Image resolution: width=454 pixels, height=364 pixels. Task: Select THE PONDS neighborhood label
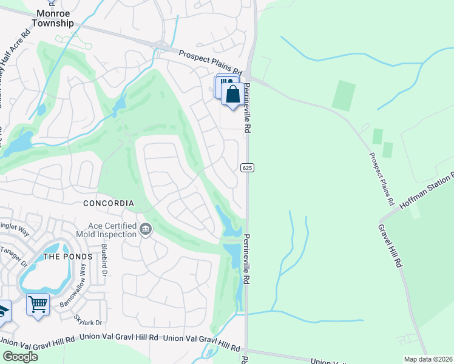[x=68, y=256]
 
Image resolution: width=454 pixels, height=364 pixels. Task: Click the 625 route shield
[x=246, y=167]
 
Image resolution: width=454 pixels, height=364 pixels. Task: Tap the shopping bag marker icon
[x=232, y=95]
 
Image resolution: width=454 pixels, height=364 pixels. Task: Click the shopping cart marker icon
[x=38, y=305]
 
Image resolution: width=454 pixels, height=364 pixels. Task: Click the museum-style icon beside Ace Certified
[x=146, y=229]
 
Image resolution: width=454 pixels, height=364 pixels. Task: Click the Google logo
[x=20, y=356]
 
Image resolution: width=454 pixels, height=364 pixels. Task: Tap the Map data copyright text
[x=427, y=359]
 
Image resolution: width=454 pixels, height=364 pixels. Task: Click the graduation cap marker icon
[x=3, y=311]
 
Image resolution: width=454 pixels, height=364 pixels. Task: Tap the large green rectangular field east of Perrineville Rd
[x=344, y=95]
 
